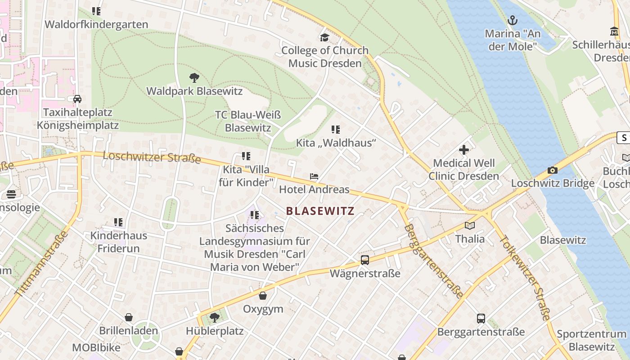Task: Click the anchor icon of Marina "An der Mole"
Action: [x=512, y=20]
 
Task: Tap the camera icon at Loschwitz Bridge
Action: [x=553, y=170]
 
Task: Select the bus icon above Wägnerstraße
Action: [x=365, y=260]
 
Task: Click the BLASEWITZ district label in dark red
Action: [x=320, y=211]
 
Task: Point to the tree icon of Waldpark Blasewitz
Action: [x=194, y=78]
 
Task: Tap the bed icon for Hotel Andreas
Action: [x=314, y=176]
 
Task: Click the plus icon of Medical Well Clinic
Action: [x=464, y=150]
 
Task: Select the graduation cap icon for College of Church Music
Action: [x=324, y=37]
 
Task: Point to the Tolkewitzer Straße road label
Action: [x=524, y=278]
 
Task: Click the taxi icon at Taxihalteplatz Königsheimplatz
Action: [x=77, y=99]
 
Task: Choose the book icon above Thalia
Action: [x=470, y=225]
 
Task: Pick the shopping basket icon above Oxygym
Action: [x=263, y=296]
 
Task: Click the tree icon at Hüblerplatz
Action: [x=215, y=318]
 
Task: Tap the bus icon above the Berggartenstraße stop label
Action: [x=481, y=319]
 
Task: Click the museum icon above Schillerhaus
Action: [x=614, y=31]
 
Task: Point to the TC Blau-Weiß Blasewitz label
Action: [x=248, y=121]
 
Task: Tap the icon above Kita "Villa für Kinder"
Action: [x=246, y=156]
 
